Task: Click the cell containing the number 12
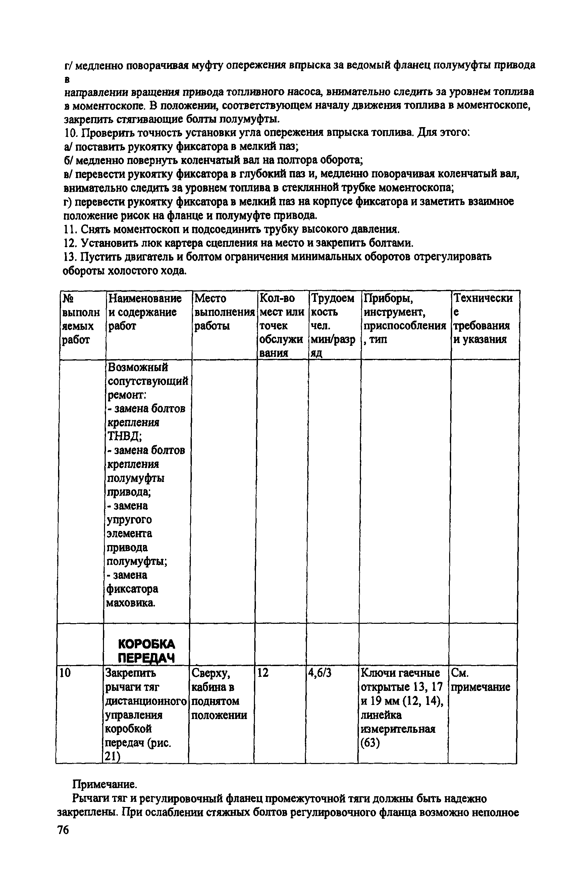[263, 673]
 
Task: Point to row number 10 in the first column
[65, 673]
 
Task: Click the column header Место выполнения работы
[224, 312]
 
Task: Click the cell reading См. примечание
[480, 680]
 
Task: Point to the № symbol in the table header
[68, 298]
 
